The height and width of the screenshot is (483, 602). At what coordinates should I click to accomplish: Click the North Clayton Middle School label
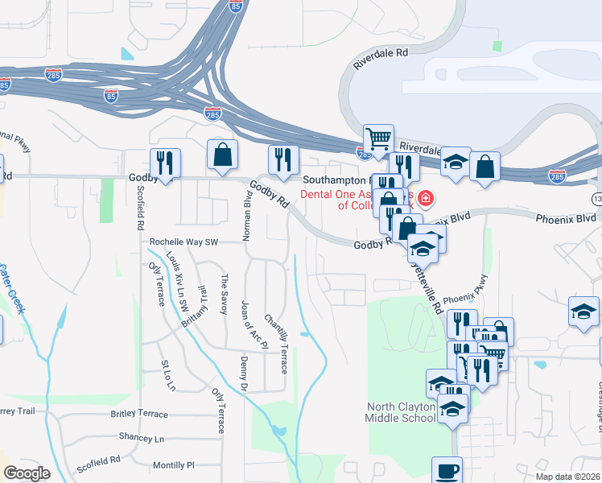pyautogui.click(x=401, y=412)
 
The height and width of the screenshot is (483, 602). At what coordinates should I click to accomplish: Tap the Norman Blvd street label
pyautogui.click(x=249, y=216)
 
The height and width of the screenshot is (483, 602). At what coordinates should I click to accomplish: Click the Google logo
pyautogui.click(x=26, y=473)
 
